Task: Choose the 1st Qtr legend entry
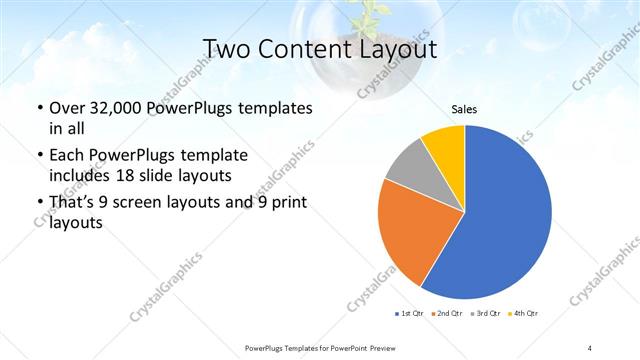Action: point(409,314)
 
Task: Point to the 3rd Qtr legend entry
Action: point(485,314)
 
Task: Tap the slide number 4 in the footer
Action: point(590,347)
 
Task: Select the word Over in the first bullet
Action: point(66,107)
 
